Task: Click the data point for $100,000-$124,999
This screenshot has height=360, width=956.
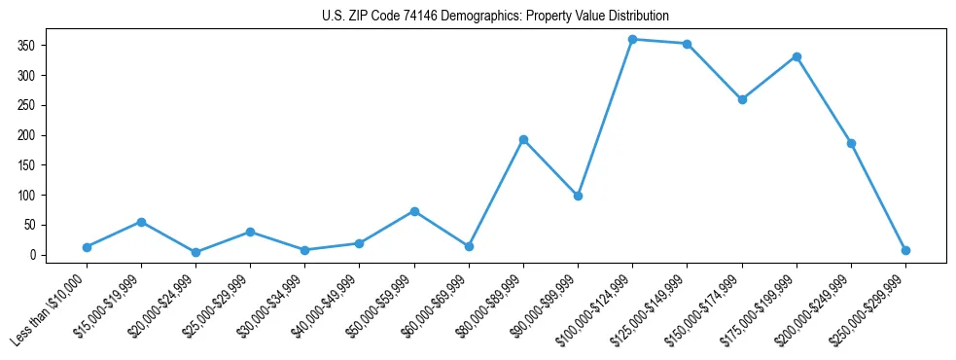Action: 633,39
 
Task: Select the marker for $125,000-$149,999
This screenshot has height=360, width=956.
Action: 688,44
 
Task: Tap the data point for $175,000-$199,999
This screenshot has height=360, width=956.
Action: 797,56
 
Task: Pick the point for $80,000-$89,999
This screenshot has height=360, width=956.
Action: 523,139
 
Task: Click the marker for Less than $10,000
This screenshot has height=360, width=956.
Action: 88,247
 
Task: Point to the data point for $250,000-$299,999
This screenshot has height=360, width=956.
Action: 905,250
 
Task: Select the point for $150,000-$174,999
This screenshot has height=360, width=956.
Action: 742,99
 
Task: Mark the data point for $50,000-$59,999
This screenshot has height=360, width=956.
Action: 414,211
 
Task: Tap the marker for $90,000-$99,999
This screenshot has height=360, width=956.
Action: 578,196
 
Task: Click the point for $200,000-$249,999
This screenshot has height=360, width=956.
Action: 851,143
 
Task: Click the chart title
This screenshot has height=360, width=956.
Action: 495,17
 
